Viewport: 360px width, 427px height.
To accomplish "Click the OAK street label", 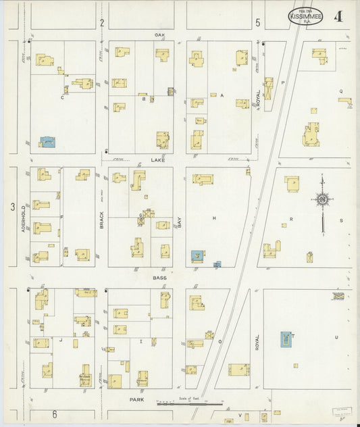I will pyautogui.click(x=159, y=34).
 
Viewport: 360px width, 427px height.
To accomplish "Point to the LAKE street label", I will pyautogui.click(x=159, y=160).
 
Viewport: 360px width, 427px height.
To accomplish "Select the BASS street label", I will pyautogui.click(x=159, y=278).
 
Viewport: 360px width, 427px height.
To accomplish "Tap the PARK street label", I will pyautogui.click(x=138, y=400).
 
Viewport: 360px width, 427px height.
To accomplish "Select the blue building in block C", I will pyautogui.click(x=47, y=142).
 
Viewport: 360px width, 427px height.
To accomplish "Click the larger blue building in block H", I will pyautogui.click(x=197, y=255).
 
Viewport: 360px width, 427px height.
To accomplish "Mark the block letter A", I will pyautogui.click(x=221, y=96).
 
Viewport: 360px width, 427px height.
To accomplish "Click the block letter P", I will pyautogui.click(x=283, y=82).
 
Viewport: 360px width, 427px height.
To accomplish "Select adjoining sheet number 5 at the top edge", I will pyautogui.click(x=258, y=23).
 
